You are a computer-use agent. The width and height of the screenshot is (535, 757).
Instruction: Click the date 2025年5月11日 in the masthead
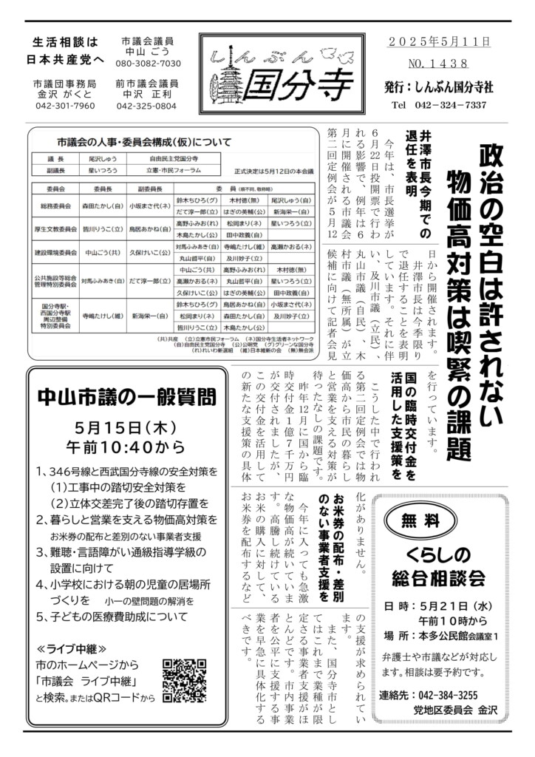[439, 42]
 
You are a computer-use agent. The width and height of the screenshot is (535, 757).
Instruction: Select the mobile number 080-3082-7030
[149, 64]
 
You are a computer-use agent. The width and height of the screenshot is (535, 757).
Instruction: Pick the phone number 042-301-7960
[64, 106]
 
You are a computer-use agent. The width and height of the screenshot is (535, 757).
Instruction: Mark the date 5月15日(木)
[124, 428]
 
